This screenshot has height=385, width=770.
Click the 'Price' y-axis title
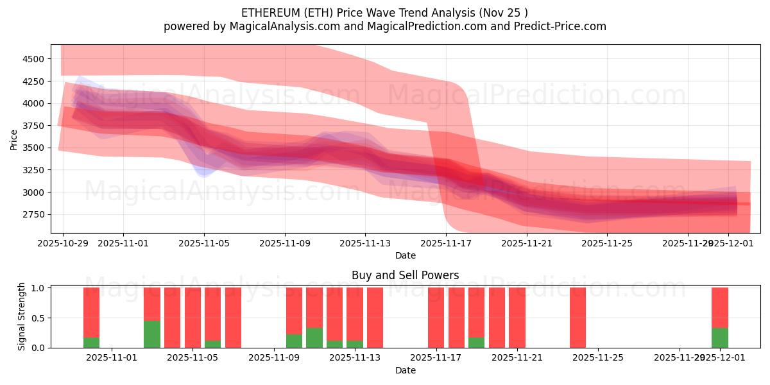[13, 139]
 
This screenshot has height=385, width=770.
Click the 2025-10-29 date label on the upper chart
[63, 243]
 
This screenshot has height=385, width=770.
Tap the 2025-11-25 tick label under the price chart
[607, 243]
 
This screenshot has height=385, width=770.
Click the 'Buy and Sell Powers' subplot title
[405, 275]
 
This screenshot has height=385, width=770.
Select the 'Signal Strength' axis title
[21, 317]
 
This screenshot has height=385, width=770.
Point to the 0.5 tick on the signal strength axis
[38, 318]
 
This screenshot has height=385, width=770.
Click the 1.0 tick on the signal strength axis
[38, 288]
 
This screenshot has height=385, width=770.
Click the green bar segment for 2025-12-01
[720, 338]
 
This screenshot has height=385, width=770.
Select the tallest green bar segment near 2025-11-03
[152, 334]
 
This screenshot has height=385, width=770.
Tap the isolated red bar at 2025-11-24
[577, 317]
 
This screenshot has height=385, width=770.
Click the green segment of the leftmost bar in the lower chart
[91, 342]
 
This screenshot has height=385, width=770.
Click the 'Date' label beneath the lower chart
[405, 370]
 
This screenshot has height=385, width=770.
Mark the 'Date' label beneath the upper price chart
[405, 255]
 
